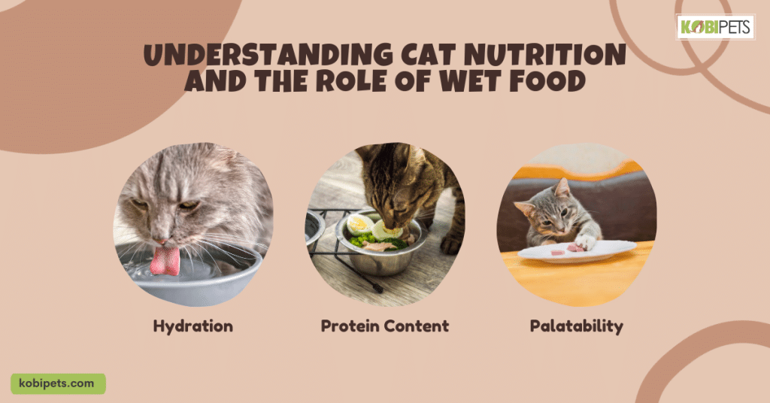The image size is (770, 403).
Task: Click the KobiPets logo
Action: [715, 27]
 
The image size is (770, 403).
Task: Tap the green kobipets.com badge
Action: [58, 384]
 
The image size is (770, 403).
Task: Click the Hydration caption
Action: [193, 326]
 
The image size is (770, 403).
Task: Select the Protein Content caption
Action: [384, 326]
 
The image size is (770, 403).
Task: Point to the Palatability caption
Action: [577, 326]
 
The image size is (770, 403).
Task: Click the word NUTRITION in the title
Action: [544, 54]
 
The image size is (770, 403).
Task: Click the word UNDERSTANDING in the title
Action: [268, 54]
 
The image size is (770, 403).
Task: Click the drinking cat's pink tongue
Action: [165, 261]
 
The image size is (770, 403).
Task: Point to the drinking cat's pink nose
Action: [163, 241]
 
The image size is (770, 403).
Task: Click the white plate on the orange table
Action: [577, 251]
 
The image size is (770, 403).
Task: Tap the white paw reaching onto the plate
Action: [585, 242]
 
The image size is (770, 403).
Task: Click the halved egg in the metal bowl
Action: [359, 225]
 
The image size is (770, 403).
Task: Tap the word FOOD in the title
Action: [547, 81]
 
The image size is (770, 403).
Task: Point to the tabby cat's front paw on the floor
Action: [451, 244]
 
